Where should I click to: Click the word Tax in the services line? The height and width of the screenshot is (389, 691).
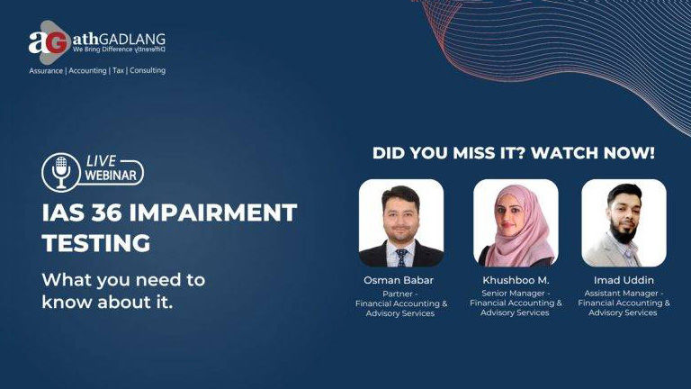[x=118, y=70]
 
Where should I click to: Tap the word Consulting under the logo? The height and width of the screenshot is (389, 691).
[x=148, y=70]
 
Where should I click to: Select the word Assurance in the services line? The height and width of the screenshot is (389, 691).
[x=46, y=70]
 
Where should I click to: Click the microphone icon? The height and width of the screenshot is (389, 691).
[x=61, y=172]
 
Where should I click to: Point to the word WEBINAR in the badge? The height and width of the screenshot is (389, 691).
[x=111, y=176]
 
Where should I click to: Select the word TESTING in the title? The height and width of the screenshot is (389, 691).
[x=96, y=243]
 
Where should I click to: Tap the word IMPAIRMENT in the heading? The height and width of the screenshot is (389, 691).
[x=213, y=213]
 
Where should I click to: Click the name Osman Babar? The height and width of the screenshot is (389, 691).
[x=399, y=280]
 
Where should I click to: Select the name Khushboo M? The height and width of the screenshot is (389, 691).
[x=516, y=280]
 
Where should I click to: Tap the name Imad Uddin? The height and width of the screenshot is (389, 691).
[x=624, y=280]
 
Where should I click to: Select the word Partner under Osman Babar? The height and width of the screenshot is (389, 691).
[x=398, y=294]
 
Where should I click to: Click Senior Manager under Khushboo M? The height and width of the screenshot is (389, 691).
[x=514, y=294]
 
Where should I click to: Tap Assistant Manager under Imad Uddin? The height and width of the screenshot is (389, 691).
[x=621, y=294]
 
